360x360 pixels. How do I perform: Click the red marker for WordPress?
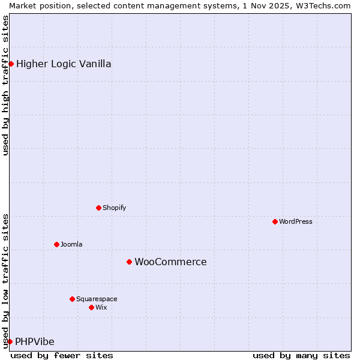(275, 221)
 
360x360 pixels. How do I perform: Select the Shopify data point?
(98, 208)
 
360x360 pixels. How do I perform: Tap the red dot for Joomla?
(56, 244)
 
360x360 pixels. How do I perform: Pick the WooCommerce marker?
(129, 262)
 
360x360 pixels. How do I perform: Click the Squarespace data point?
(72, 299)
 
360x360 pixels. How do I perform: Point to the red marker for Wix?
(91, 307)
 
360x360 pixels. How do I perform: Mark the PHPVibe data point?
(10, 341)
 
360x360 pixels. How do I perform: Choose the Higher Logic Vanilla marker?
(11, 64)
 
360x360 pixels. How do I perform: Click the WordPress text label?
(296, 221)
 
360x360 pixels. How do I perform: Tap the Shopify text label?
(114, 208)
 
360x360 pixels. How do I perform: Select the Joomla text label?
(71, 244)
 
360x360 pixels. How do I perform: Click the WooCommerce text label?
(170, 262)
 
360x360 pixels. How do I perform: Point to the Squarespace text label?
(97, 299)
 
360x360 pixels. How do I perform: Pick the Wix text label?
(101, 307)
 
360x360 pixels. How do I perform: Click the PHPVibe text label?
(35, 341)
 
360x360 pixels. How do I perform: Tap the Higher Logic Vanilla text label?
(64, 64)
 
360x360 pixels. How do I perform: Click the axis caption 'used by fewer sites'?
(62, 355)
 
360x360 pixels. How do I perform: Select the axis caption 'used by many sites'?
(301, 355)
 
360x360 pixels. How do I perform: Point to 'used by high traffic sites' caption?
(5, 86)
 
